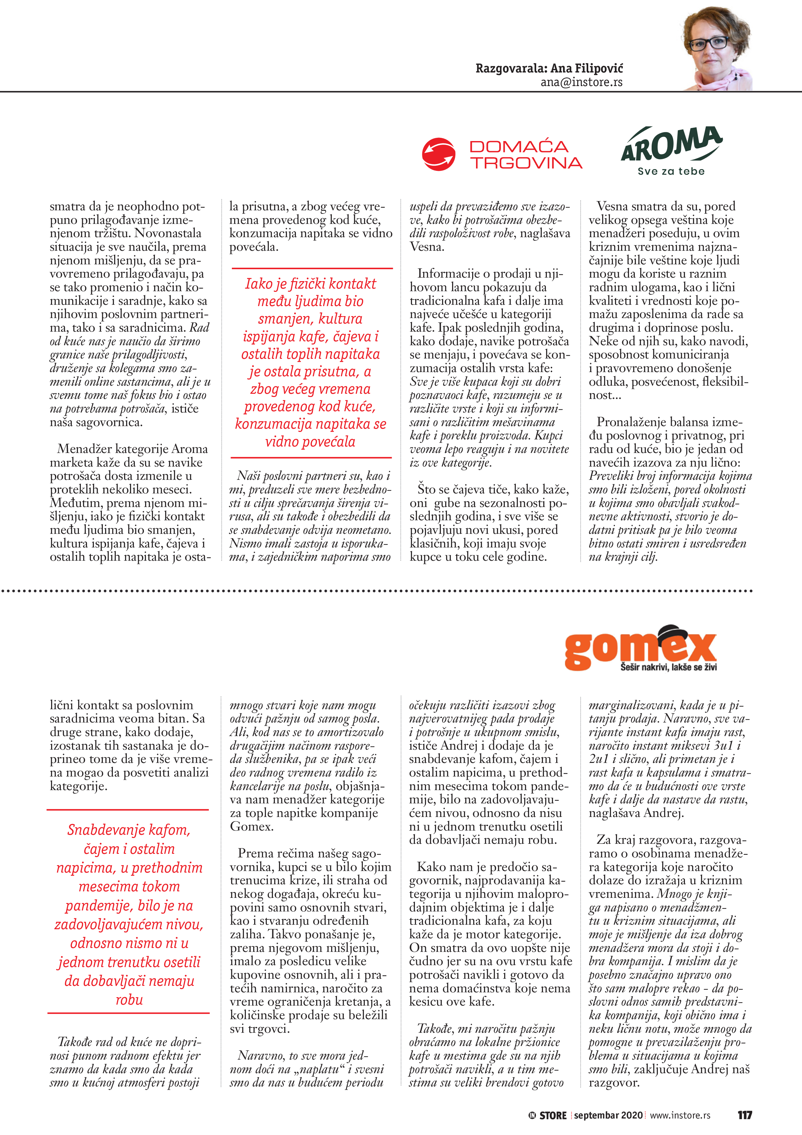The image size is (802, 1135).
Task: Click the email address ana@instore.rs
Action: pyautogui.click(x=581, y=82)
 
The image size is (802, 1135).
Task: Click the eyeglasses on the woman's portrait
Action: pyautogui.click(x=710, y=43)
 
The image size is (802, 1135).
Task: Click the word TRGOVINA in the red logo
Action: pyautogui.click(x=526, y=163)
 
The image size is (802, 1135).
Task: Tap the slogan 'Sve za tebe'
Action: pyautogui.click(x=671, y=171)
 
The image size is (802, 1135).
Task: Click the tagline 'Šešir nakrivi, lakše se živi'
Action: pyautogui.click(x=668, y=667)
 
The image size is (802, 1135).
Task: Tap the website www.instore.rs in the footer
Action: pyautogui.click(x=680, y=1115)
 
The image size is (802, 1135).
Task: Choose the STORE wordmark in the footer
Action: pyautogui.click(x=552, y=1115)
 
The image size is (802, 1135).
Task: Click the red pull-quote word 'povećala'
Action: pyautogui.click(x=310, y=441)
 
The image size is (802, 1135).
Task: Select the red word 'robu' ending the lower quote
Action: pyautogui.click(x=129, y=999)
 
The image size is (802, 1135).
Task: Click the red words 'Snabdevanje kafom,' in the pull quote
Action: pyautogui.click(x=129, y=830)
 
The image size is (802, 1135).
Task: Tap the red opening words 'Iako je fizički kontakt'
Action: pyautogui.click(x=310, y=284)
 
